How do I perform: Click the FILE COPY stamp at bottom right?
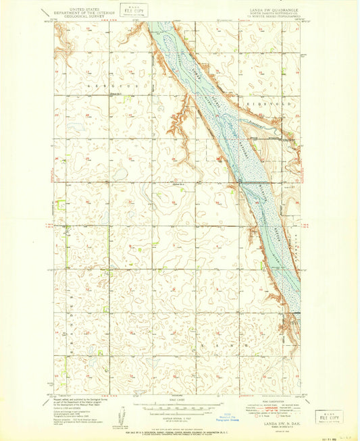point(328,416)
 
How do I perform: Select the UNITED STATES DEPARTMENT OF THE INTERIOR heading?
point(79,8)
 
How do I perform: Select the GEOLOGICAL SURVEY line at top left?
point(79,15)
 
